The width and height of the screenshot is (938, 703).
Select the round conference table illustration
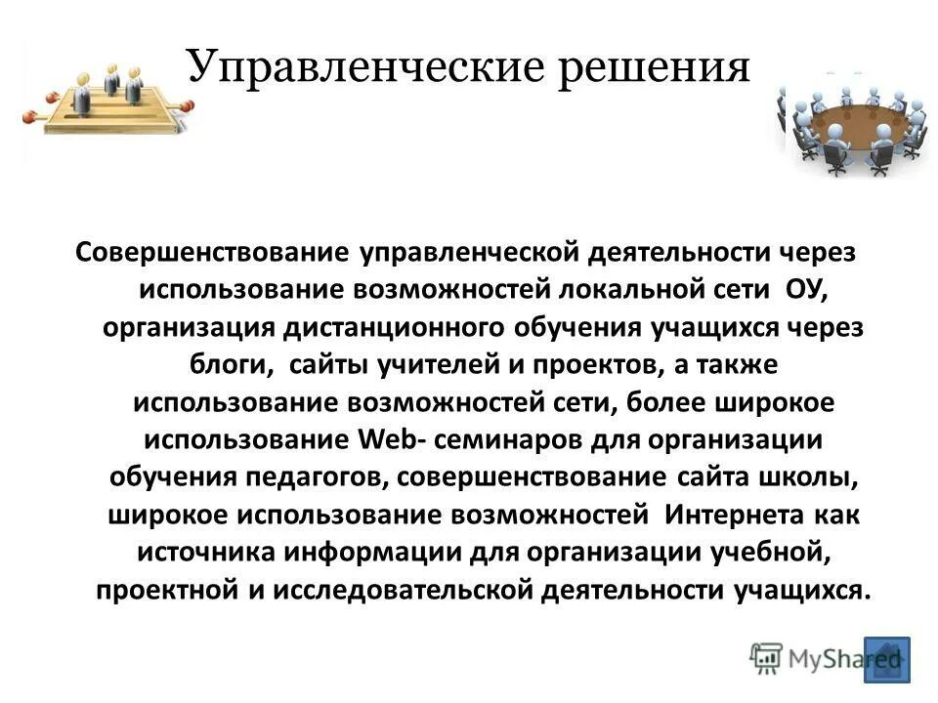coord(851,124)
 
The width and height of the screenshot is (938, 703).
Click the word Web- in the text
coord(387,439)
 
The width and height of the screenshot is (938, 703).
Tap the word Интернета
coord(734,514)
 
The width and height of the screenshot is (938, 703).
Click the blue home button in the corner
coord(886,659)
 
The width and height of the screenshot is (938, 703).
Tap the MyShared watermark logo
coord(811,658)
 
